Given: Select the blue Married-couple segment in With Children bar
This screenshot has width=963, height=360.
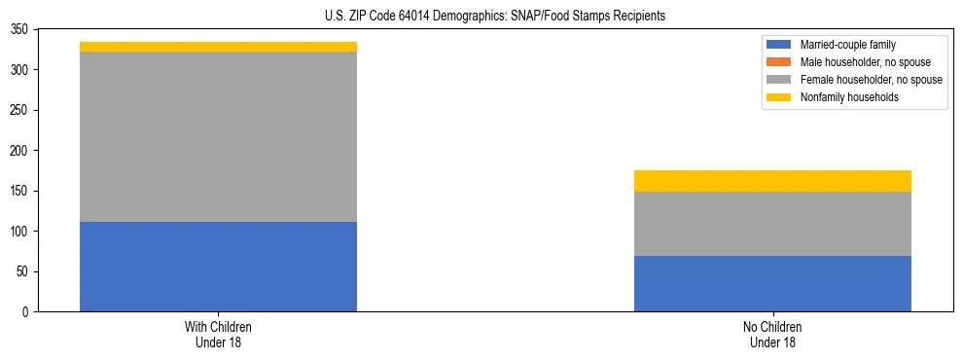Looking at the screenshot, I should pos(218,267).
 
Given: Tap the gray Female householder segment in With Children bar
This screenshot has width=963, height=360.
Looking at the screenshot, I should pos(218,136).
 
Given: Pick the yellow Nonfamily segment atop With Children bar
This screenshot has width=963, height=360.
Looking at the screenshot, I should pos(218,47).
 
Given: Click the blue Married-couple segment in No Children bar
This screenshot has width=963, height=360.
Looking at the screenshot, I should pos(772,283).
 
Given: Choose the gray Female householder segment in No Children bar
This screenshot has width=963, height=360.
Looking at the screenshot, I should pos(772,224).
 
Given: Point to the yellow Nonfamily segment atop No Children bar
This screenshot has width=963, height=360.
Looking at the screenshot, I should pos(772,181).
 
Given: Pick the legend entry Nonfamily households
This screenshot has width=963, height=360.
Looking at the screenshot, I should pos(841,97).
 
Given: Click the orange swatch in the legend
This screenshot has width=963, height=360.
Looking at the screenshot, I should pos(779,62).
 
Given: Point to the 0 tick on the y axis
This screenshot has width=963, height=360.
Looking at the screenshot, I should pos(29,312).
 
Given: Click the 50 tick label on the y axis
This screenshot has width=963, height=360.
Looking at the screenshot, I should pos(26,271).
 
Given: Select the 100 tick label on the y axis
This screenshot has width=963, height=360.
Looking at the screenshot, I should pos(23,232).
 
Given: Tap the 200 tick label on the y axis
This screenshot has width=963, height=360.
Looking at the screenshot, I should pos(23,151).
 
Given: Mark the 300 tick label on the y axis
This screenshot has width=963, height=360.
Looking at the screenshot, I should pos(23,70).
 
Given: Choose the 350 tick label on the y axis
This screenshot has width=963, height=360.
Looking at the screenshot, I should pos(23,29).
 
